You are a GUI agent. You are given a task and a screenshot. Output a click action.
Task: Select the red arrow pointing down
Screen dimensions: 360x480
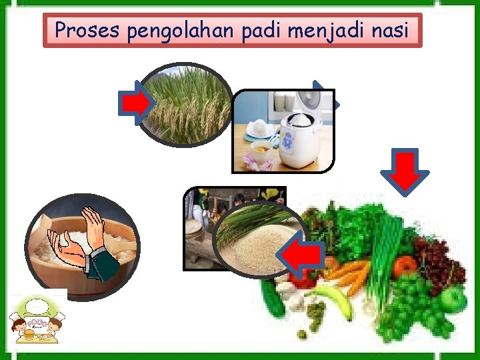click(405, 171)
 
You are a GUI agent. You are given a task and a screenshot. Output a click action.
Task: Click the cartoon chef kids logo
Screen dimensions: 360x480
click(36, 320)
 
